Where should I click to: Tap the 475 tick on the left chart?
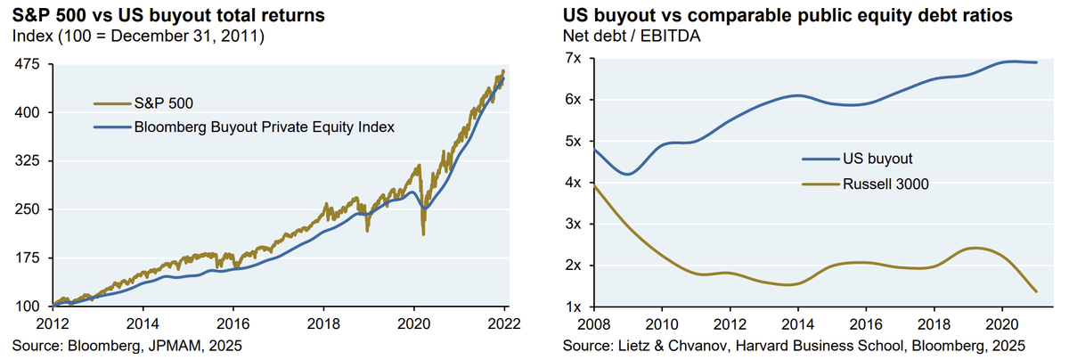click(30, 65)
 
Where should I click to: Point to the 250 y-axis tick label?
click(30, 210)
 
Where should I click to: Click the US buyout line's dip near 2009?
click(629, 174)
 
